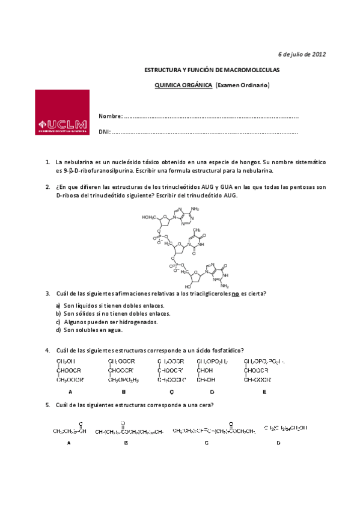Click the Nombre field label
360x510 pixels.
pos(111,116)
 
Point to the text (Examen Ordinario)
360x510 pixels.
pos(243,85)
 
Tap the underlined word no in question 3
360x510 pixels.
pos(236,293)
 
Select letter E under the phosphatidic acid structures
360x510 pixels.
pos(264,392)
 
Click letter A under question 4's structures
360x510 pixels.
pos(70,392)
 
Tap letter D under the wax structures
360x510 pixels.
pos(278,443)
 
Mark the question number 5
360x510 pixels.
pos(47,405)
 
